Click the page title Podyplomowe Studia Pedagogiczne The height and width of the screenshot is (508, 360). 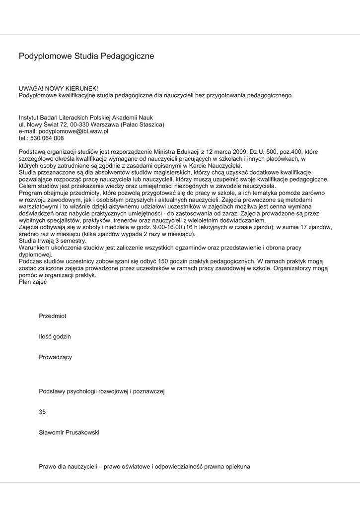[x=86, y=56]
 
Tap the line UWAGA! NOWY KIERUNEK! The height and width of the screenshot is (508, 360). [x=59, y=88]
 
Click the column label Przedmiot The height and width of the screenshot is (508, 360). [x=53, y=316]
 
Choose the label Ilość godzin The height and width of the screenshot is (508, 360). [x=55, y=336]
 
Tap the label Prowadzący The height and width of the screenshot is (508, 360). [x=55, y=357]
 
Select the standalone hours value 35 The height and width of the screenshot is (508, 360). [x=42, y=412]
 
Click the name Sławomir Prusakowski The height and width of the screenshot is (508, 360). [x=69, y=433]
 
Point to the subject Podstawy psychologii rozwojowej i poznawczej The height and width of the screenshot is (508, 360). [x=101, y=391]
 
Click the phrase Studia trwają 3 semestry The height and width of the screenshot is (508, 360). [x=53, y=240]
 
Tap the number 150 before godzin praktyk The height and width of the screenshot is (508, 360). [x=164, y=261]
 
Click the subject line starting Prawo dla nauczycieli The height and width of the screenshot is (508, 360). [x=144, y=467]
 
